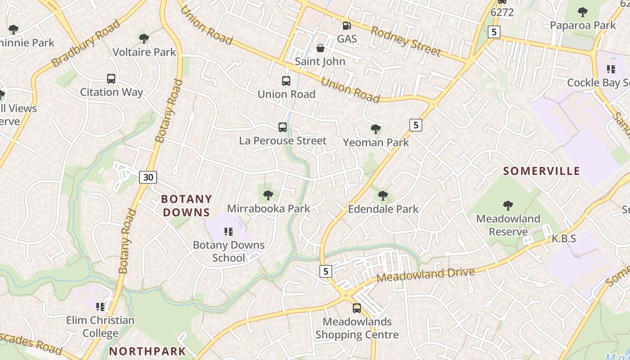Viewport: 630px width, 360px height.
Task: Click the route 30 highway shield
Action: (x=148, y=177)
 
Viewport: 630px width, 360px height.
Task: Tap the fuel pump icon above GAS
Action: (x=346, y=26)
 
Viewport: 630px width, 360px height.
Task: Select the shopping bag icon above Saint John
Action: (x=320, y=48)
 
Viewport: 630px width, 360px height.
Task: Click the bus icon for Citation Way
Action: (x=111, y=79)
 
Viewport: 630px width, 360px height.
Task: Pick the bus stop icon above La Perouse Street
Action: (x=283, y=127)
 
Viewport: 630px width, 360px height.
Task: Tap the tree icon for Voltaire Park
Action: (x=144, y=39)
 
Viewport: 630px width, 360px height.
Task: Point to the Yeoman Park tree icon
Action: (x=375, y=130)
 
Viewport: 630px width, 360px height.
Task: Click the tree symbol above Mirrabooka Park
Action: (x=268, y=195)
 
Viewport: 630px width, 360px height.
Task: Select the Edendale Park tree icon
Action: (x=383, y=196)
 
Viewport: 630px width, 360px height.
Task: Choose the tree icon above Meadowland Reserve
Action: (x=508, y=206)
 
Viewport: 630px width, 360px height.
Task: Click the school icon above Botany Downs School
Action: (x=229, y=232)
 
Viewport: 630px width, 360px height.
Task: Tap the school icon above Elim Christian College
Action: (x=100, y=307)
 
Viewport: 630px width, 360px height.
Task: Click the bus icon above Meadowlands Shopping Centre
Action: (x=357, y=308)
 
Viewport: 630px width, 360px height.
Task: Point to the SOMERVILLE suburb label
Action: (x=542, y=171)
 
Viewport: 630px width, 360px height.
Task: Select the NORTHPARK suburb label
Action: (x=148, y=351)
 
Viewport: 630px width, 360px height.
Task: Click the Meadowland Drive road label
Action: (x=426, y=274)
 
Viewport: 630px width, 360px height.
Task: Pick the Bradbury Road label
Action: (x=85, y=43)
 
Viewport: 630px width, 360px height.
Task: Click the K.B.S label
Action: (x=564, y=238)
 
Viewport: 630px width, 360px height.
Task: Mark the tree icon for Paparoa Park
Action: (x=583, y=12)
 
